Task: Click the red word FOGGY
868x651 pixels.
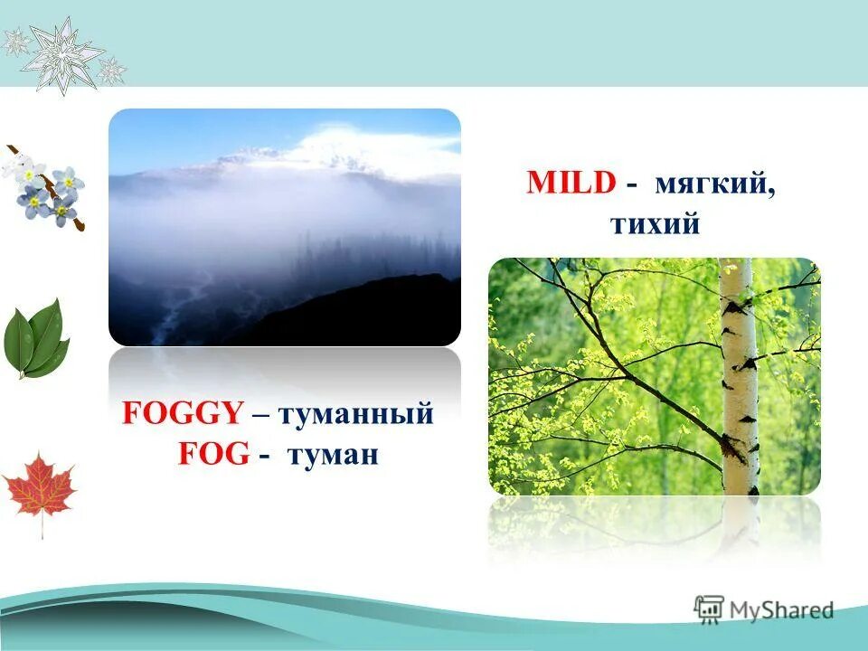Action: [183, 414]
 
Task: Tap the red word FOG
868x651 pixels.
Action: [213, 453]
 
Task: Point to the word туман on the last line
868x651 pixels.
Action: [332, 454]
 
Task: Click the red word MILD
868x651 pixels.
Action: [572, 184]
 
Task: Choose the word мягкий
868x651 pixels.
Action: [714, 184]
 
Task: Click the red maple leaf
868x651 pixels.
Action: [39, 489]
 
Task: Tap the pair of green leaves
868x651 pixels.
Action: [36, 340]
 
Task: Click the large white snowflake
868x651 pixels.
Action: [61, 54]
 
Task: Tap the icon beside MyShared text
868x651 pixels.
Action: [708, 609]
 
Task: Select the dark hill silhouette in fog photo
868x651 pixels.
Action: [362, 312]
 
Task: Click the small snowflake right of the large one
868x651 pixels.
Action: [112, 69]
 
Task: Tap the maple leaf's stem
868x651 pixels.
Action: [42, 526]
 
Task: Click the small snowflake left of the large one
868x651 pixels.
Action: [15, 41]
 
